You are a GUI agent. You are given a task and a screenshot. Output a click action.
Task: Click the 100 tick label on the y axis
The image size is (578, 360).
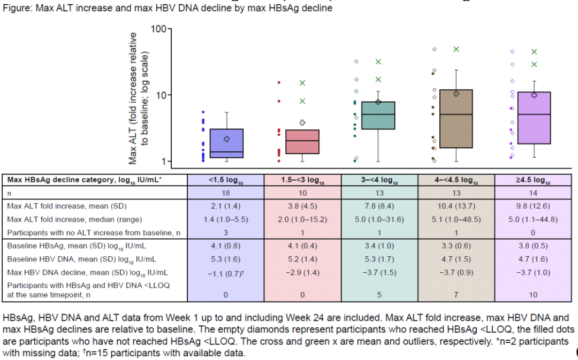coord(158,28)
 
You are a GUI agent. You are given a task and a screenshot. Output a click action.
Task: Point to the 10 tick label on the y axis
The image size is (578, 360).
coord(161,95)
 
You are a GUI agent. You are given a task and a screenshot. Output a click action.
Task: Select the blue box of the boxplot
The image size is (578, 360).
coord(227,143)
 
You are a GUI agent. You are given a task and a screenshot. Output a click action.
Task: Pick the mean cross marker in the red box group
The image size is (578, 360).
coord(302,122)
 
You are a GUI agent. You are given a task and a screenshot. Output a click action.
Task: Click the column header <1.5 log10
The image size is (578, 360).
coord(225,180)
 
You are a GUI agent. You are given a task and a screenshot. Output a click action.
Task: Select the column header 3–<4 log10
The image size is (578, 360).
coord(379,180)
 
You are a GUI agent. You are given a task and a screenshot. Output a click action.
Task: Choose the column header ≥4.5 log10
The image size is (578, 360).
coord(533,180)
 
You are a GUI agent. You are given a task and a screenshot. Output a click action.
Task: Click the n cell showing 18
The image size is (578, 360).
coord(225,193)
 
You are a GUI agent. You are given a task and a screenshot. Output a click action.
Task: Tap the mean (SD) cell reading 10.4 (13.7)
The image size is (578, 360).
coord(456,206)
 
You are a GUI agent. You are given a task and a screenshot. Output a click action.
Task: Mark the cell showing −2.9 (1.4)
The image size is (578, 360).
coord(302,272)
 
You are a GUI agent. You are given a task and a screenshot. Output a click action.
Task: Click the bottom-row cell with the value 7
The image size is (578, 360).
coord(456,294)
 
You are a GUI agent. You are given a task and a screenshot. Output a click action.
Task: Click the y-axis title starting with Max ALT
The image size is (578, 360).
coord(138,99)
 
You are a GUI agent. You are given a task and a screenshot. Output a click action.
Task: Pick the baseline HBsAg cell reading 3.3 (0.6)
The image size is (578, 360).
coord(456,246)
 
